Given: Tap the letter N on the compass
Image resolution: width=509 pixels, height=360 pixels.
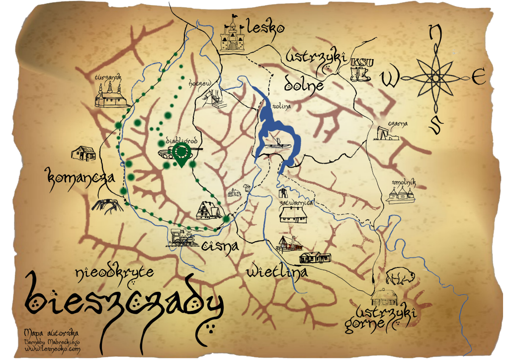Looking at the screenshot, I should click(x=435, y=34).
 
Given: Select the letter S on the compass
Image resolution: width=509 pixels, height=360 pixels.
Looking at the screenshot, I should click(x=435, y=124).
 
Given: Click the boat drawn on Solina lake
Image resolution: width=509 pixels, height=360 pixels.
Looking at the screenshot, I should click(x=278, y=144).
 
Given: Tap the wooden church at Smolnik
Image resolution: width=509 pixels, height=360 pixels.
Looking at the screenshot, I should click(x=402, y=193).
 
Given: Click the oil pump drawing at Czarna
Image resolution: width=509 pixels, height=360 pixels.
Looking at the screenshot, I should click(x=387, y=133).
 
